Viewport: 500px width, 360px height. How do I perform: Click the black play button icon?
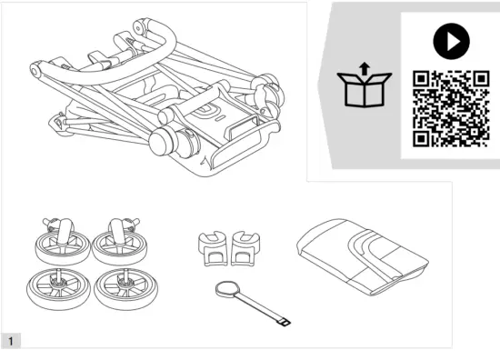[448, 40]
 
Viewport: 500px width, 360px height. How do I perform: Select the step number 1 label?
[11, 341]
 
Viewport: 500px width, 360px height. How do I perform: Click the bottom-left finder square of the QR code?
[421, 137]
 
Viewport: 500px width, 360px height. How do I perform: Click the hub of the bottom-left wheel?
[56, 286]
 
